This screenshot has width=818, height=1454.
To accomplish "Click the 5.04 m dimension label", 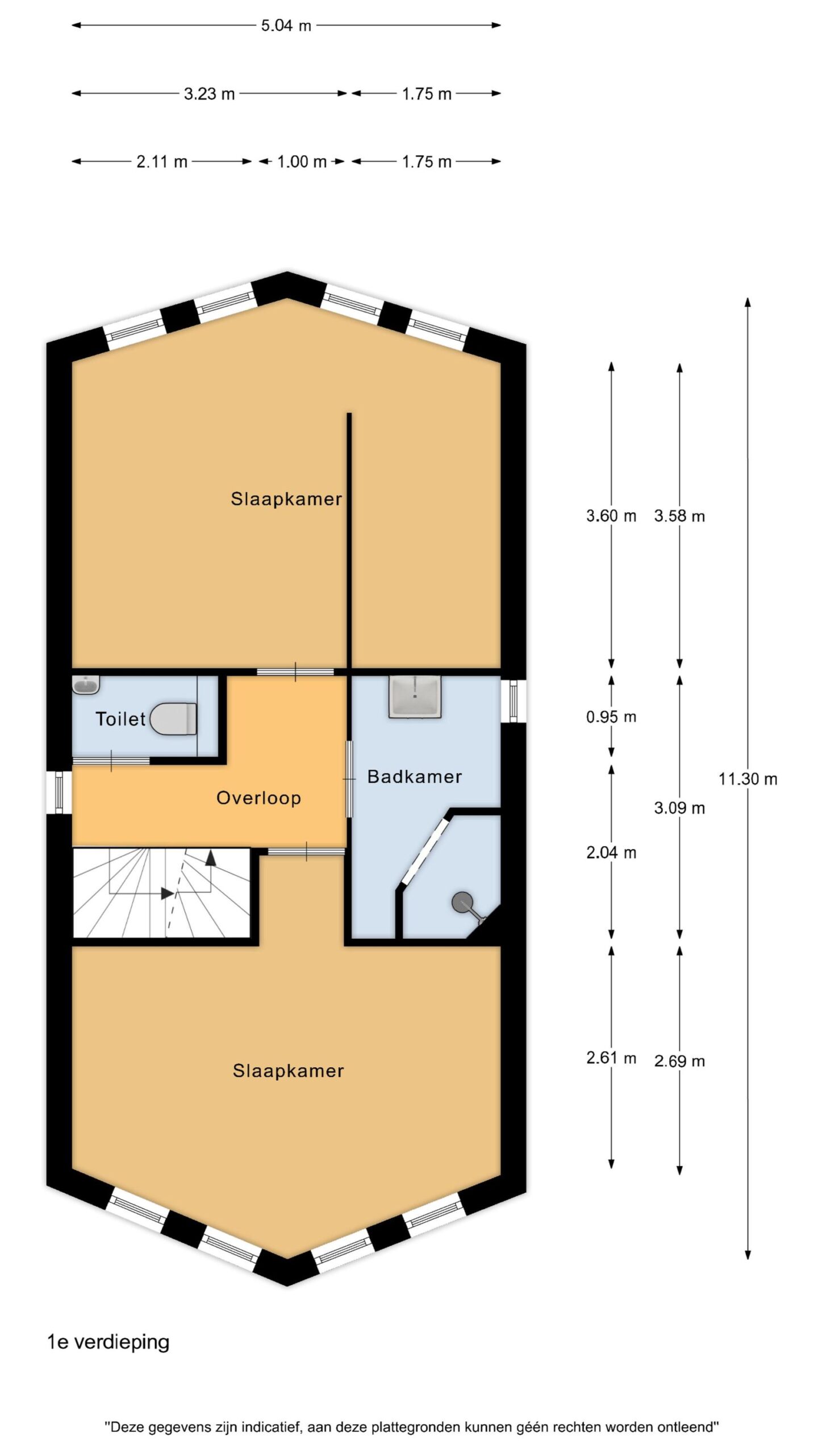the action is click(x=286, y=26).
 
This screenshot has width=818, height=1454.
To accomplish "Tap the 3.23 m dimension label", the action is click(x=209, y=94).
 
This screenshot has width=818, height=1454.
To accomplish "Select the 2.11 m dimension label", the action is click(x=162, y=162).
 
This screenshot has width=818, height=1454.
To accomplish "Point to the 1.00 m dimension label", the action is click(x=302, y=162).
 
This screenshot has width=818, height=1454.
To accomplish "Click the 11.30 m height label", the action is click(x=748, y=779).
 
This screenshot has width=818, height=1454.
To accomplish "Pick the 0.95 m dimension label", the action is click(x=611, y=717).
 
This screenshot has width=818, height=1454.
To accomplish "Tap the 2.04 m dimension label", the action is click(x=611, y=853).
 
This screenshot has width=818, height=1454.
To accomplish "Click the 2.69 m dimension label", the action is click(x=679, y=1061).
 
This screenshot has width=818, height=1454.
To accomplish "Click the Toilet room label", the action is click(x=120, y=719).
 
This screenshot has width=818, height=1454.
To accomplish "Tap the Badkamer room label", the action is click(x=415, y=776).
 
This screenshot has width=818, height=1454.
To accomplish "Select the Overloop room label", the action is click(x=258, y=798).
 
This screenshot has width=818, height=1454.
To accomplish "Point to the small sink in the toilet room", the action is click(x=86, y=684).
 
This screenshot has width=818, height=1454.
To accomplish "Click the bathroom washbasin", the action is click(x=415, y=696).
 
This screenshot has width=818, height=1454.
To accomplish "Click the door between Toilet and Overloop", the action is click(x=111, y=761).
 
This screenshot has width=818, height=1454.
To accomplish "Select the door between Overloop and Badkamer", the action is click(x=349, y=779).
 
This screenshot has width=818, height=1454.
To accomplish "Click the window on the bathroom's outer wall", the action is click(x=514, y=701).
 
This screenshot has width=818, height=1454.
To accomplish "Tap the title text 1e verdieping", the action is click(x=108, y=1343).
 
